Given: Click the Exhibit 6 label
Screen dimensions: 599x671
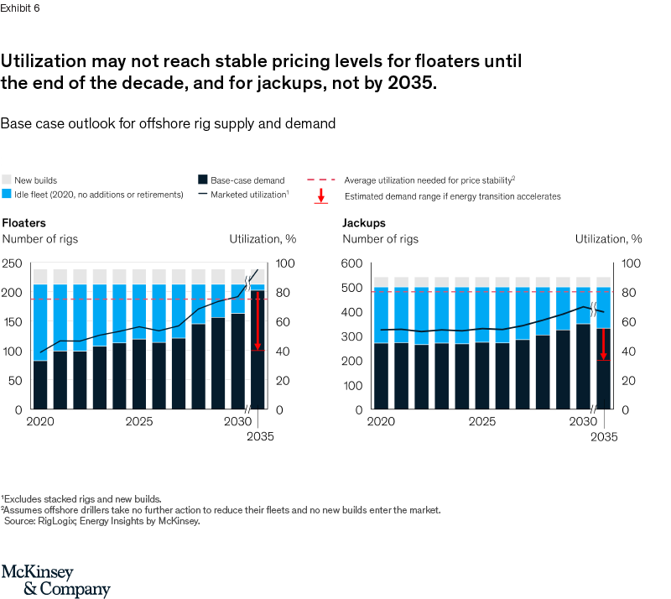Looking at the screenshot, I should tap(19, 8).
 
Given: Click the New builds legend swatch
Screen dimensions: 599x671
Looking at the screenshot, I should tap(7, 180).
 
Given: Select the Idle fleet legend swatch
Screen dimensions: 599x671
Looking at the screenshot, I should tap(7, 195).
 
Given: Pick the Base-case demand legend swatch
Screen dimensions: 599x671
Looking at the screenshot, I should tap(203, 180).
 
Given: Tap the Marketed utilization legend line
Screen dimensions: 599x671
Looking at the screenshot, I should tap(203, 195).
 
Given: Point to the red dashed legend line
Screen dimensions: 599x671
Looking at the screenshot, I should tap(322, 180).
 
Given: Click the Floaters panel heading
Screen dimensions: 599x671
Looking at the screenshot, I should tap(23, 223).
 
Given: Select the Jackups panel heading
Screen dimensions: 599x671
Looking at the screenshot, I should tap(364, 223).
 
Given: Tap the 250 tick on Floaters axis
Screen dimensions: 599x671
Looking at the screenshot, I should tap(13, 263).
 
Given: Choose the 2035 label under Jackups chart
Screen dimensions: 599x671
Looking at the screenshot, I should tap(603, 436).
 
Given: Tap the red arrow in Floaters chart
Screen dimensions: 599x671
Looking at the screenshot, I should tap(258, 319).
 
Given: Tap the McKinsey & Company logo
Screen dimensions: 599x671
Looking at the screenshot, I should tap(55, 580).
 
